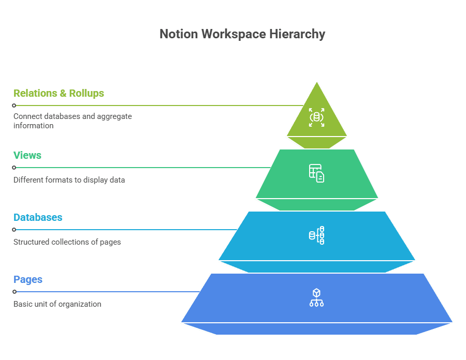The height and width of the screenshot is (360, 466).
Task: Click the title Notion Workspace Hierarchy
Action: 242,34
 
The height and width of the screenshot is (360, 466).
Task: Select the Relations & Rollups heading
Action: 59,93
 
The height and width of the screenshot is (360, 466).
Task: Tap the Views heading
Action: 27,155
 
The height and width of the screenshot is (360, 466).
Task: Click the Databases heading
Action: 38,217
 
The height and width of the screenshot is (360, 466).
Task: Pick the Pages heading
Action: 28,279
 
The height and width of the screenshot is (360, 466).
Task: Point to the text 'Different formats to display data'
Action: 69,180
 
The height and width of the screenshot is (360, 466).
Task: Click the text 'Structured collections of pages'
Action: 67,242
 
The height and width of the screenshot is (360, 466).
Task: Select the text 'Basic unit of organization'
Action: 57,304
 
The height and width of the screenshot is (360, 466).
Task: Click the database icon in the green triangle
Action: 316,117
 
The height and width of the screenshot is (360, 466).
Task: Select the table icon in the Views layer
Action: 316,173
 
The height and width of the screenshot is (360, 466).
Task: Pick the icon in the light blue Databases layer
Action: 316,235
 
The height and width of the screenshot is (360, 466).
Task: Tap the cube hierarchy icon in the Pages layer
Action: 316,298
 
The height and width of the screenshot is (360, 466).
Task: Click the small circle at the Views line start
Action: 14,168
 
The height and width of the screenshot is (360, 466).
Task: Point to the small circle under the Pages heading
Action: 14,292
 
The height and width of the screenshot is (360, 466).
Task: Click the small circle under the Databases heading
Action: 14,230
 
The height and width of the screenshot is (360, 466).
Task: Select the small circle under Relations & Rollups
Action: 14,106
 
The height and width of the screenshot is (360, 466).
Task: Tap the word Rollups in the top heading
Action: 86,93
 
